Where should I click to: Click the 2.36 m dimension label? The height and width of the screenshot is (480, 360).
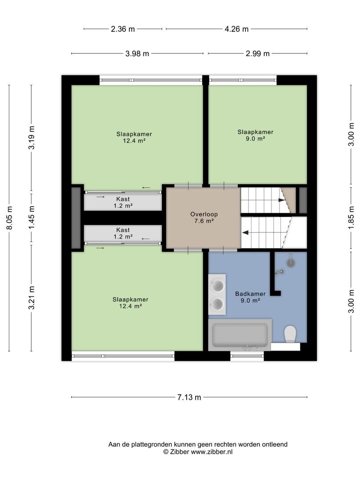click(x=123, y=29)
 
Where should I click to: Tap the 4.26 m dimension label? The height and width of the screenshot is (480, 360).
click(x=236, y=29)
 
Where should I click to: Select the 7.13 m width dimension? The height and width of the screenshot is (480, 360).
click(x=189, y=397)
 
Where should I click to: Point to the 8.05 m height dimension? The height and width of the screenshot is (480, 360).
click(x=9, y=218)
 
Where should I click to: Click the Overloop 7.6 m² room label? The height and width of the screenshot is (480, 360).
click(x=204, y=217)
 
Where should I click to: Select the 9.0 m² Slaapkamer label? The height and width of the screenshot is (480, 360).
click(x=255, y=135)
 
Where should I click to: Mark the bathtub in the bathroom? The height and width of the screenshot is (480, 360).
click(x=240, y=335)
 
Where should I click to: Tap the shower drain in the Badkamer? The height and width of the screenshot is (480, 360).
click(x=291, y=262)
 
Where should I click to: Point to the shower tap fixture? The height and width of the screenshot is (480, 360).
click(x=279, y=272)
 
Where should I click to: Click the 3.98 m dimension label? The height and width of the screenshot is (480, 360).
click(x=137, y=54)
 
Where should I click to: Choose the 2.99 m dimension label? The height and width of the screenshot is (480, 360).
click(x=258, y=54)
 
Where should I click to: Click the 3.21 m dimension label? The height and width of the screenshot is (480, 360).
click(x=32, y=297)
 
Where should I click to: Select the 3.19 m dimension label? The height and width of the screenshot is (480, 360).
click(x=32, y=137)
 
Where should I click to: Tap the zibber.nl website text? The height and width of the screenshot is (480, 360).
click(x=212, y=452)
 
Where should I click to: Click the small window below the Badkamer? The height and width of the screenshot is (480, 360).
click(x=247, y=356)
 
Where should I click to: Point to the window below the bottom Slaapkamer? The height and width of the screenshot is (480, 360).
click(x=123, y=356)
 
